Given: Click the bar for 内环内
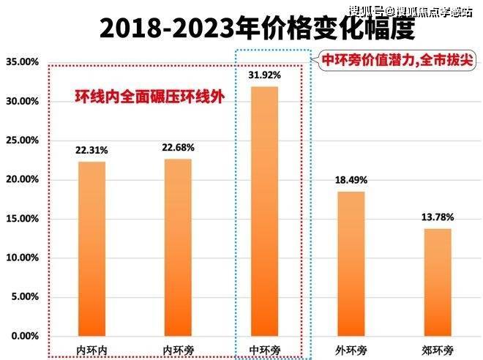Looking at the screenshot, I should click(91, 249).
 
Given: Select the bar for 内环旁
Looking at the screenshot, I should click(179, 247).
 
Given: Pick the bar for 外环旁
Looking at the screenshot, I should click(351, 263).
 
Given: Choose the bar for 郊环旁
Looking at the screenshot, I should click(438, 282).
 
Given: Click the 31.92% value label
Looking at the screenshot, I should click(265, 75).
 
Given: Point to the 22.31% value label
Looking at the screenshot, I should click(91, 150).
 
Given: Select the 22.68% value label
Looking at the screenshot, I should click(179, 147).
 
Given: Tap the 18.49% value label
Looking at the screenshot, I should click(351, 180).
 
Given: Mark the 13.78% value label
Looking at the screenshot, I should click(438, 217).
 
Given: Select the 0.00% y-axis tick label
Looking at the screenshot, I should click(24, 336).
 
